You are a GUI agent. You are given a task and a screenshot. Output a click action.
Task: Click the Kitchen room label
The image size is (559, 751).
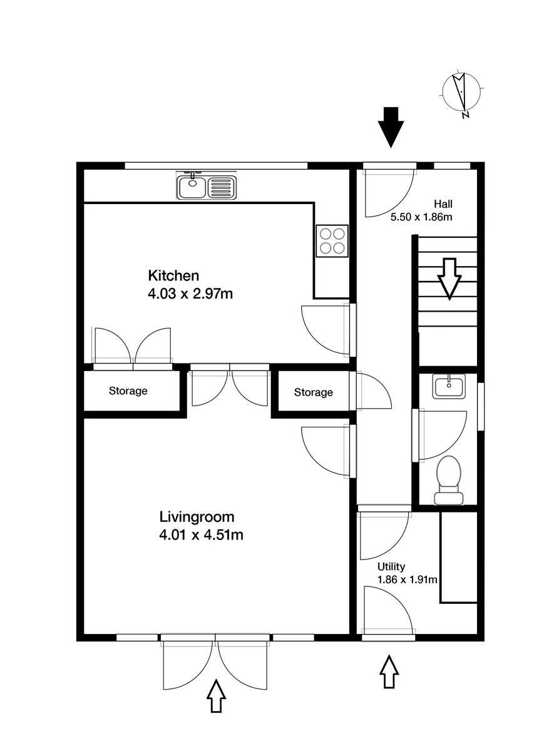tap(173, 275)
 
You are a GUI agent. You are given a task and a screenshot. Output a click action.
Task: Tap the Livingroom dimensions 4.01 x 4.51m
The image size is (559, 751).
tap(202, 535)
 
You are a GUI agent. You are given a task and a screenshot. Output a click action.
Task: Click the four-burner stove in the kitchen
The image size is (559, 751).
tap(332, 240)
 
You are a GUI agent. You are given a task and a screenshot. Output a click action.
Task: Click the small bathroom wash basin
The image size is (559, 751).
tap(449, 387)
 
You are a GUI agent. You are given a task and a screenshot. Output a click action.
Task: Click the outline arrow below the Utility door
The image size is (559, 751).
tap(389, 671)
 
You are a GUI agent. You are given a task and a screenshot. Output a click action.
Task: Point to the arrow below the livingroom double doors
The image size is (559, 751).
tap(217, 695)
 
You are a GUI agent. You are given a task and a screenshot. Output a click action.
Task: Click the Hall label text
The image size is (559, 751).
tap(443, 204)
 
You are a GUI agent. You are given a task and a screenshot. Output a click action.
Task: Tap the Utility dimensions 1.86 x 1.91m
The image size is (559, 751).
tap(406, 580)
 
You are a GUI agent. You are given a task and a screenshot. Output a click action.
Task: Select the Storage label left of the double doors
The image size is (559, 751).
tap(128, 391)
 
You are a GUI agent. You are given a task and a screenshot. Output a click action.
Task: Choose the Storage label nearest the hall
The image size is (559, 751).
tap(314, 392)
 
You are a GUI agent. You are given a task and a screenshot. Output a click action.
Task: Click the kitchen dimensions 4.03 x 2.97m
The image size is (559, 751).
tap(190, 293)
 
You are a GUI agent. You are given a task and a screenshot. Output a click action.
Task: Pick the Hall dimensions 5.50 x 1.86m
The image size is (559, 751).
tap(421, 217)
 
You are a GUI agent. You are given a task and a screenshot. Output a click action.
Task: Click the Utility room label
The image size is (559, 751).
tap(391, 567)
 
